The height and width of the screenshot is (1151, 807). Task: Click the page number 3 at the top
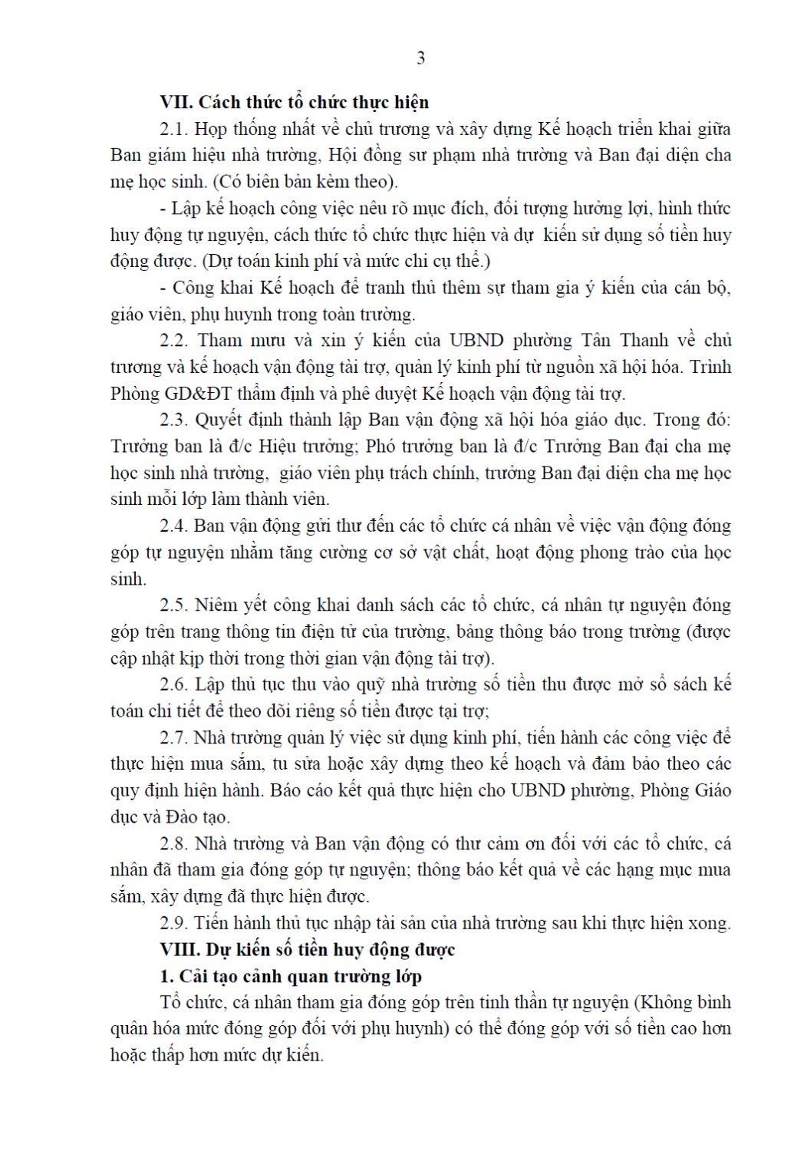click(420, 58)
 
